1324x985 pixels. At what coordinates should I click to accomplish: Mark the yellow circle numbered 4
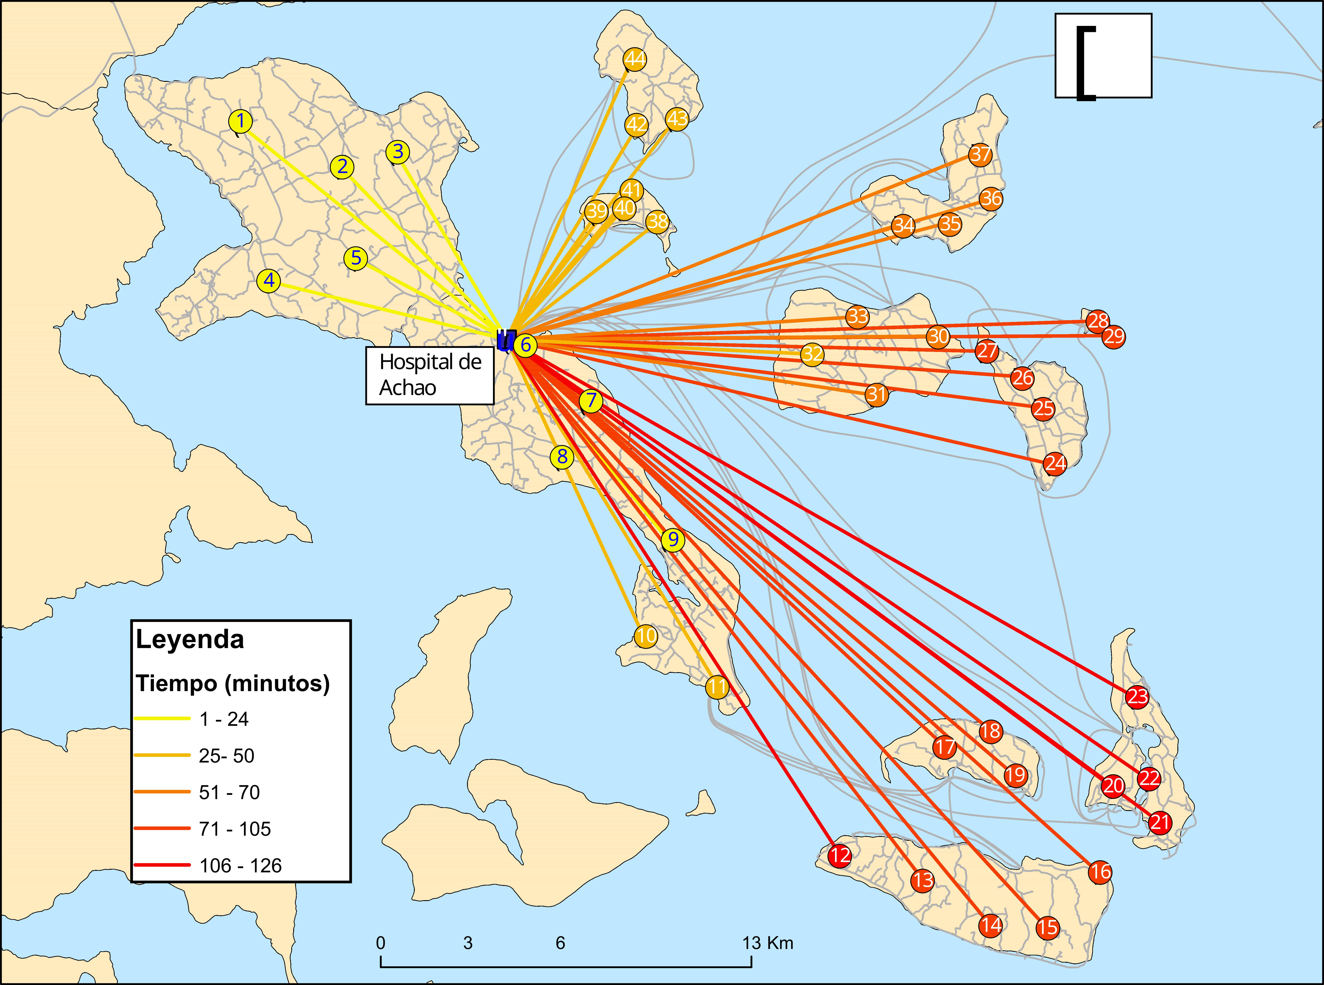(x=269, y=280)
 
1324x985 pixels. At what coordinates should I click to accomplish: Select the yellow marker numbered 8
(x=562, y=457)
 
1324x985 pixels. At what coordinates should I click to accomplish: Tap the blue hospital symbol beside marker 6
(x=505, y=340)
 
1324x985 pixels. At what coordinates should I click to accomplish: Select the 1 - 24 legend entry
(x=223, y=719)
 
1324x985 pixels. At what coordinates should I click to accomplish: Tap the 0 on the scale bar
(x=380, y=943)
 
